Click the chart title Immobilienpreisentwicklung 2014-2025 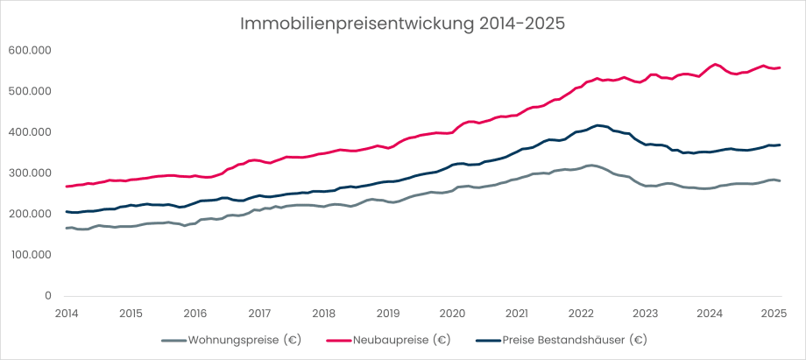pyautogui.click(x=403, y=23)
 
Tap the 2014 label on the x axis pyautogui.click(x=67, y=313)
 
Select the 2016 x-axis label pyautogui.click(x=195, y=313)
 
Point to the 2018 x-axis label pyautogui.click(x=324, y=313)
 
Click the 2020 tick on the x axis pyautogui.click(x=452, y=313)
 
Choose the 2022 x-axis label pyautogui.click(x=581, y=313)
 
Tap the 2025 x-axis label pyautogui.click(x=774, y=313)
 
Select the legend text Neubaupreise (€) pyautogui.click(x=401, y=340)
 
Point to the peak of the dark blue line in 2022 pyautogui.click(x=597, y=125)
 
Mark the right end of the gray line pyautogui.click(x=780, y=180)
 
